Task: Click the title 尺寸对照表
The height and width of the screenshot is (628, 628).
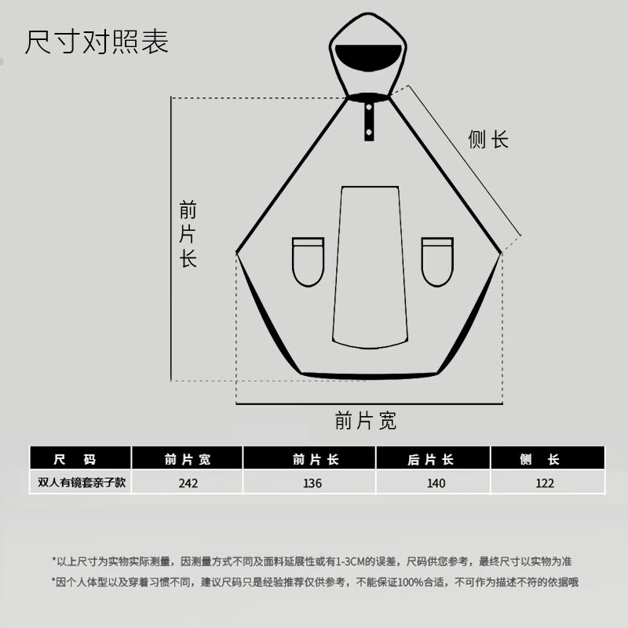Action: click(x=96, y=42)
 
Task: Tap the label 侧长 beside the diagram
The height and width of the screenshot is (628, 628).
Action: click(x=488, y=141)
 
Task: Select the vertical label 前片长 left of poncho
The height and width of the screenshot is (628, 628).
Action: click(x=188, y=235)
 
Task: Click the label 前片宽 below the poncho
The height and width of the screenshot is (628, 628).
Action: click(x=365, y=422)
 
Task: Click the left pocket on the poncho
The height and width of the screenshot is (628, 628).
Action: click(x=308, y=261)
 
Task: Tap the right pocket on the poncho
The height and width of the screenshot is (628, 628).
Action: click(x=436, y=261)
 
